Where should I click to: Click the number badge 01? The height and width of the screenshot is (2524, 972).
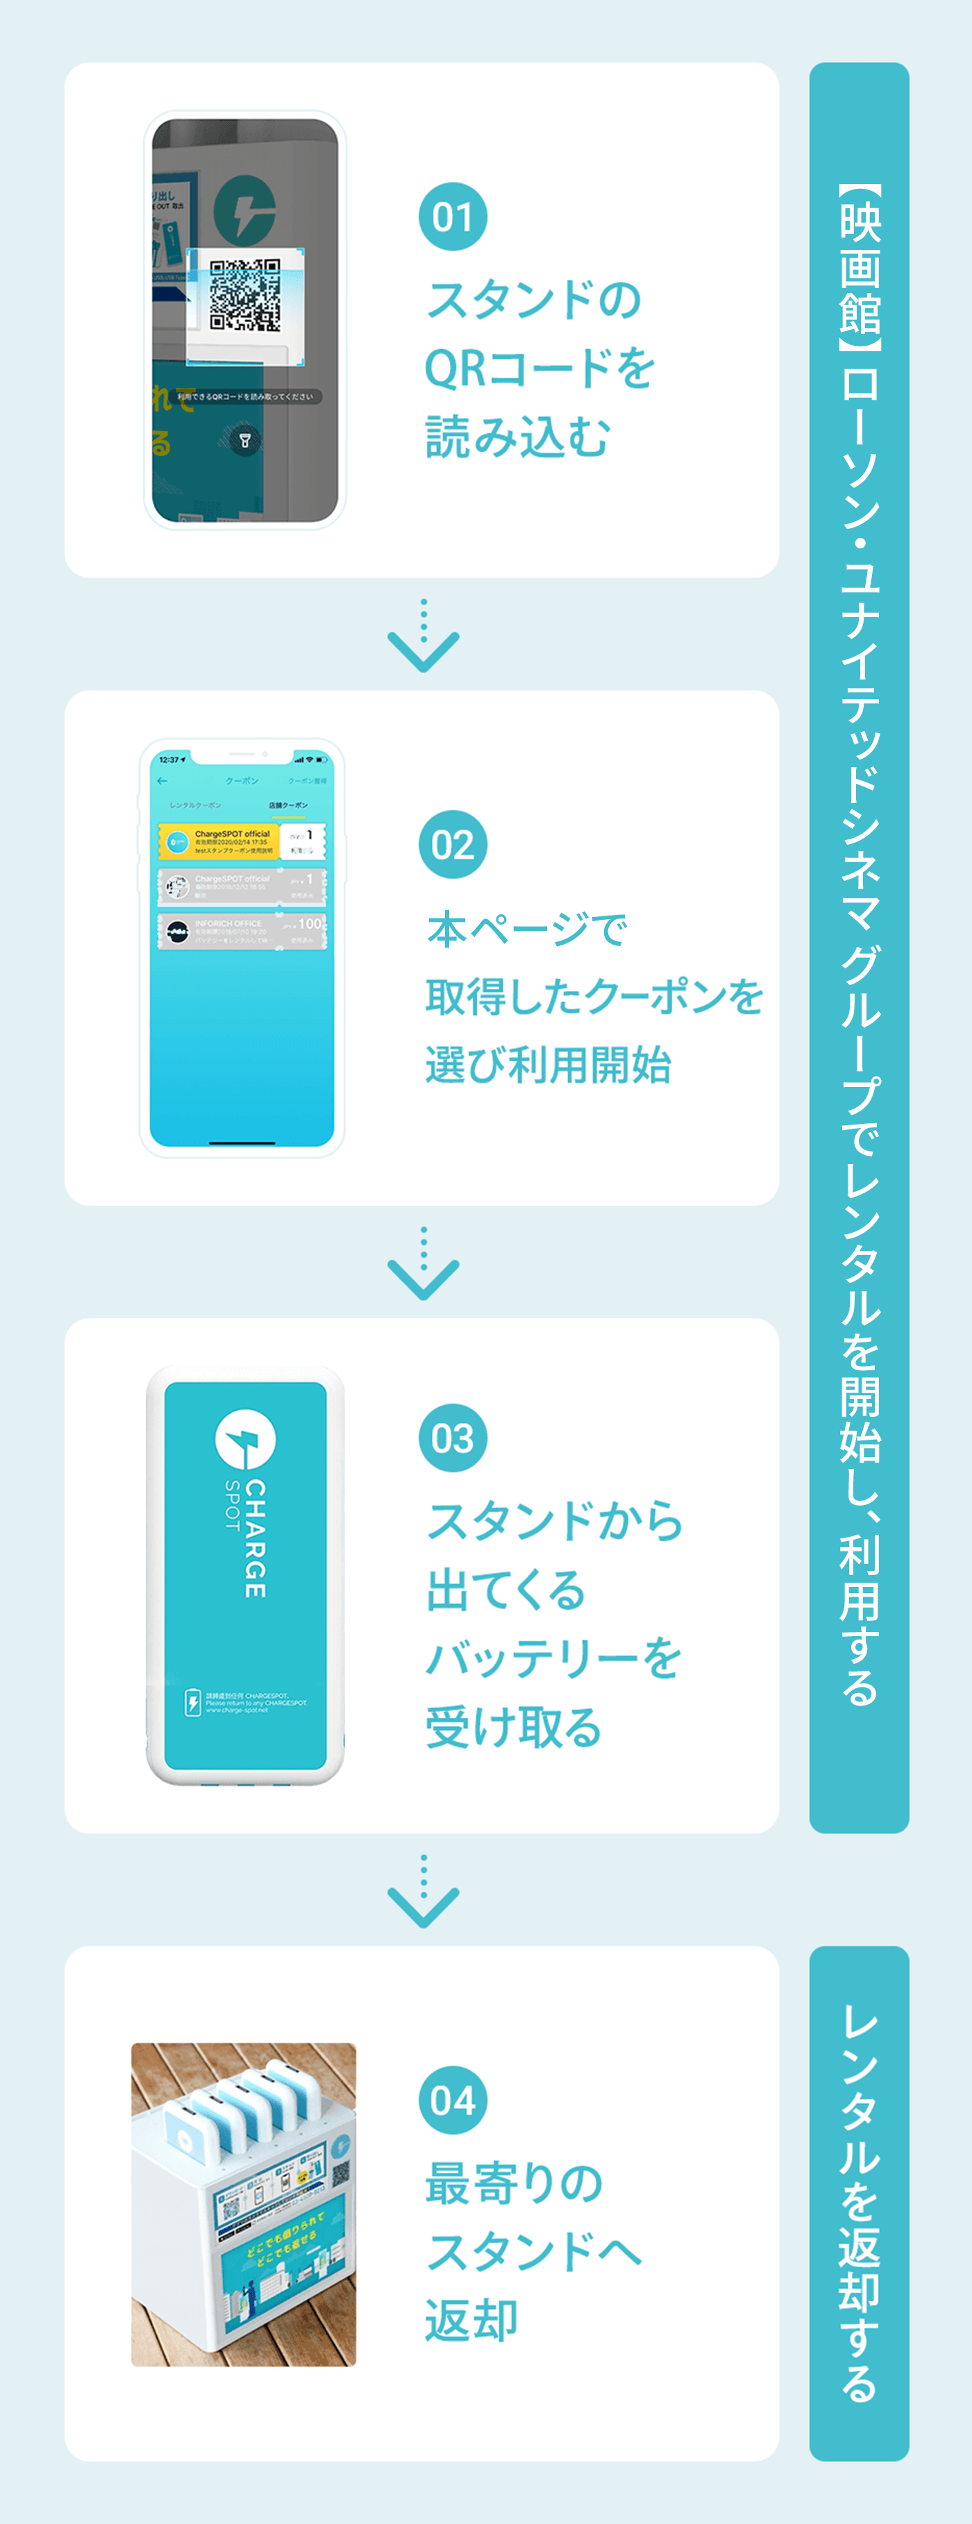453,217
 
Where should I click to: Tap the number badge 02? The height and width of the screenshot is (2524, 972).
453,845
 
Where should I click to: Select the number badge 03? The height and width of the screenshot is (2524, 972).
453,1438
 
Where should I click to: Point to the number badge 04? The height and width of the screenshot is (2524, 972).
453,2100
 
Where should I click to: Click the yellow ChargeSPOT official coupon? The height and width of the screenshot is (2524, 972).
241,841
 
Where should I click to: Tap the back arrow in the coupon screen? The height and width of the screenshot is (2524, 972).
162,781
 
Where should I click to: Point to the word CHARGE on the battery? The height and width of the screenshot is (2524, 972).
255,1538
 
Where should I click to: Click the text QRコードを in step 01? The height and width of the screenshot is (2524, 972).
539,369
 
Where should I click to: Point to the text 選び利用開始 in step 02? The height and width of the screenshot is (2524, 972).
548,1065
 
